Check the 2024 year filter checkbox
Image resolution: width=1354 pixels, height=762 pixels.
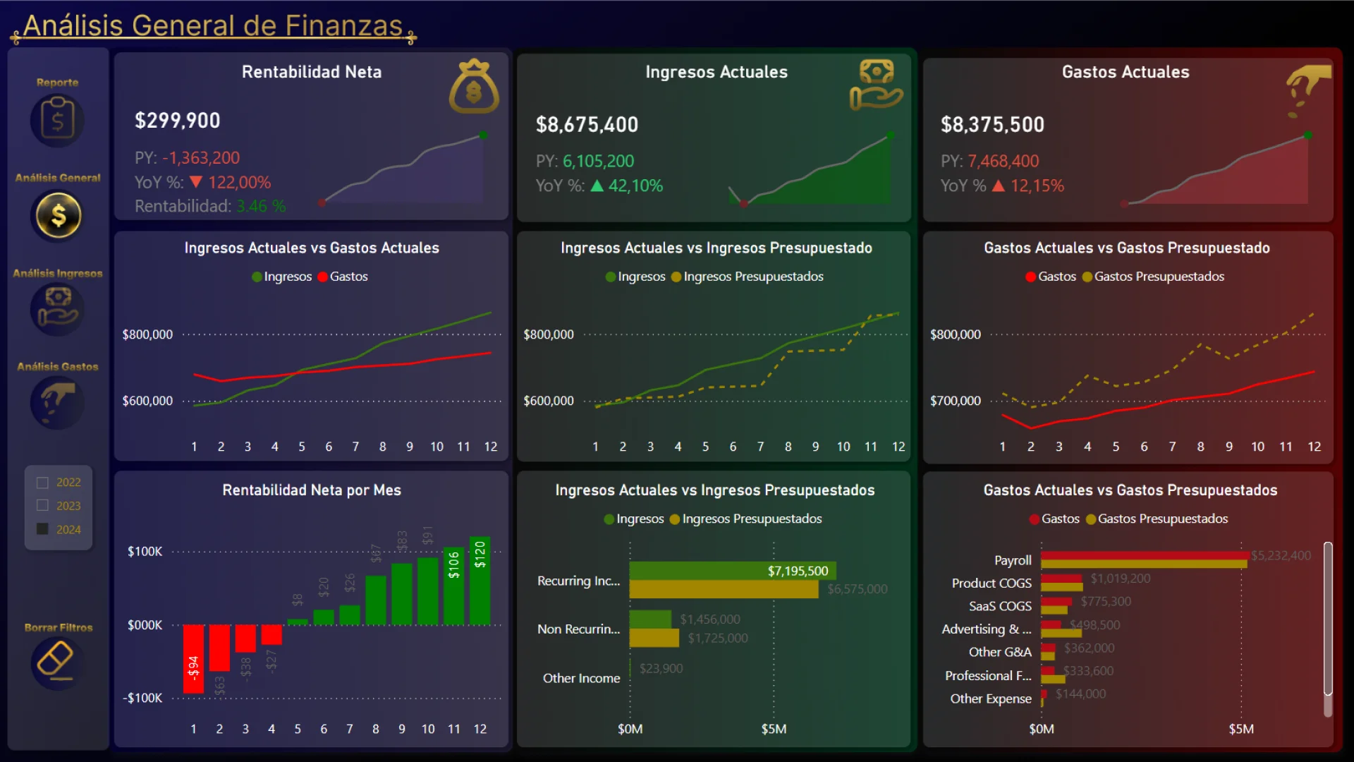[42, 529]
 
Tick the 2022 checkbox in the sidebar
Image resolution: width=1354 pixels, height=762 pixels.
[42, 483]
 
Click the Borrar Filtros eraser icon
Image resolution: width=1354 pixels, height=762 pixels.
[56, 662]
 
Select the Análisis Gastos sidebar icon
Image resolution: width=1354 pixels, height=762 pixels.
[57, 402]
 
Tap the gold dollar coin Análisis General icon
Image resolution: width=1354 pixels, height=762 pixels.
[58, 215]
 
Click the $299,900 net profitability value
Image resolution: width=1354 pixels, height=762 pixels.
[178, 121]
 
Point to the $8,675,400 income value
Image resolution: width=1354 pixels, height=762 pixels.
[587, 125]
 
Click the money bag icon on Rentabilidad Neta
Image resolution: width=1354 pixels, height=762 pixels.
[474, 87]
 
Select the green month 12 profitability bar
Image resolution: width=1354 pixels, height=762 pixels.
[480, 581]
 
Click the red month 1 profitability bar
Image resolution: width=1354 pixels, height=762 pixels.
[193, 658]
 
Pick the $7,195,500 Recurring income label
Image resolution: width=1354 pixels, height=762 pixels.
[798, 571]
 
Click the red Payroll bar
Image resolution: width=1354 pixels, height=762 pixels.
[1144, 555]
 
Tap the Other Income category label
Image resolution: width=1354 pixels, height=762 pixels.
[581, 678]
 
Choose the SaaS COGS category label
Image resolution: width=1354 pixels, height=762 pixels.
[999, 606]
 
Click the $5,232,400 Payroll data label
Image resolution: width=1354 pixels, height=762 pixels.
[1281, 555]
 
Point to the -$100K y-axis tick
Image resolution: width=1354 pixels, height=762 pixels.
[143, 698]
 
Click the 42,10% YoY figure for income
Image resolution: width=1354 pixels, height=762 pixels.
[635, 186]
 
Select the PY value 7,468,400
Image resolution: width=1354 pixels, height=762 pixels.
[1003, 161]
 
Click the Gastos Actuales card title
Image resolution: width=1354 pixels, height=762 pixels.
[1126, 72]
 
